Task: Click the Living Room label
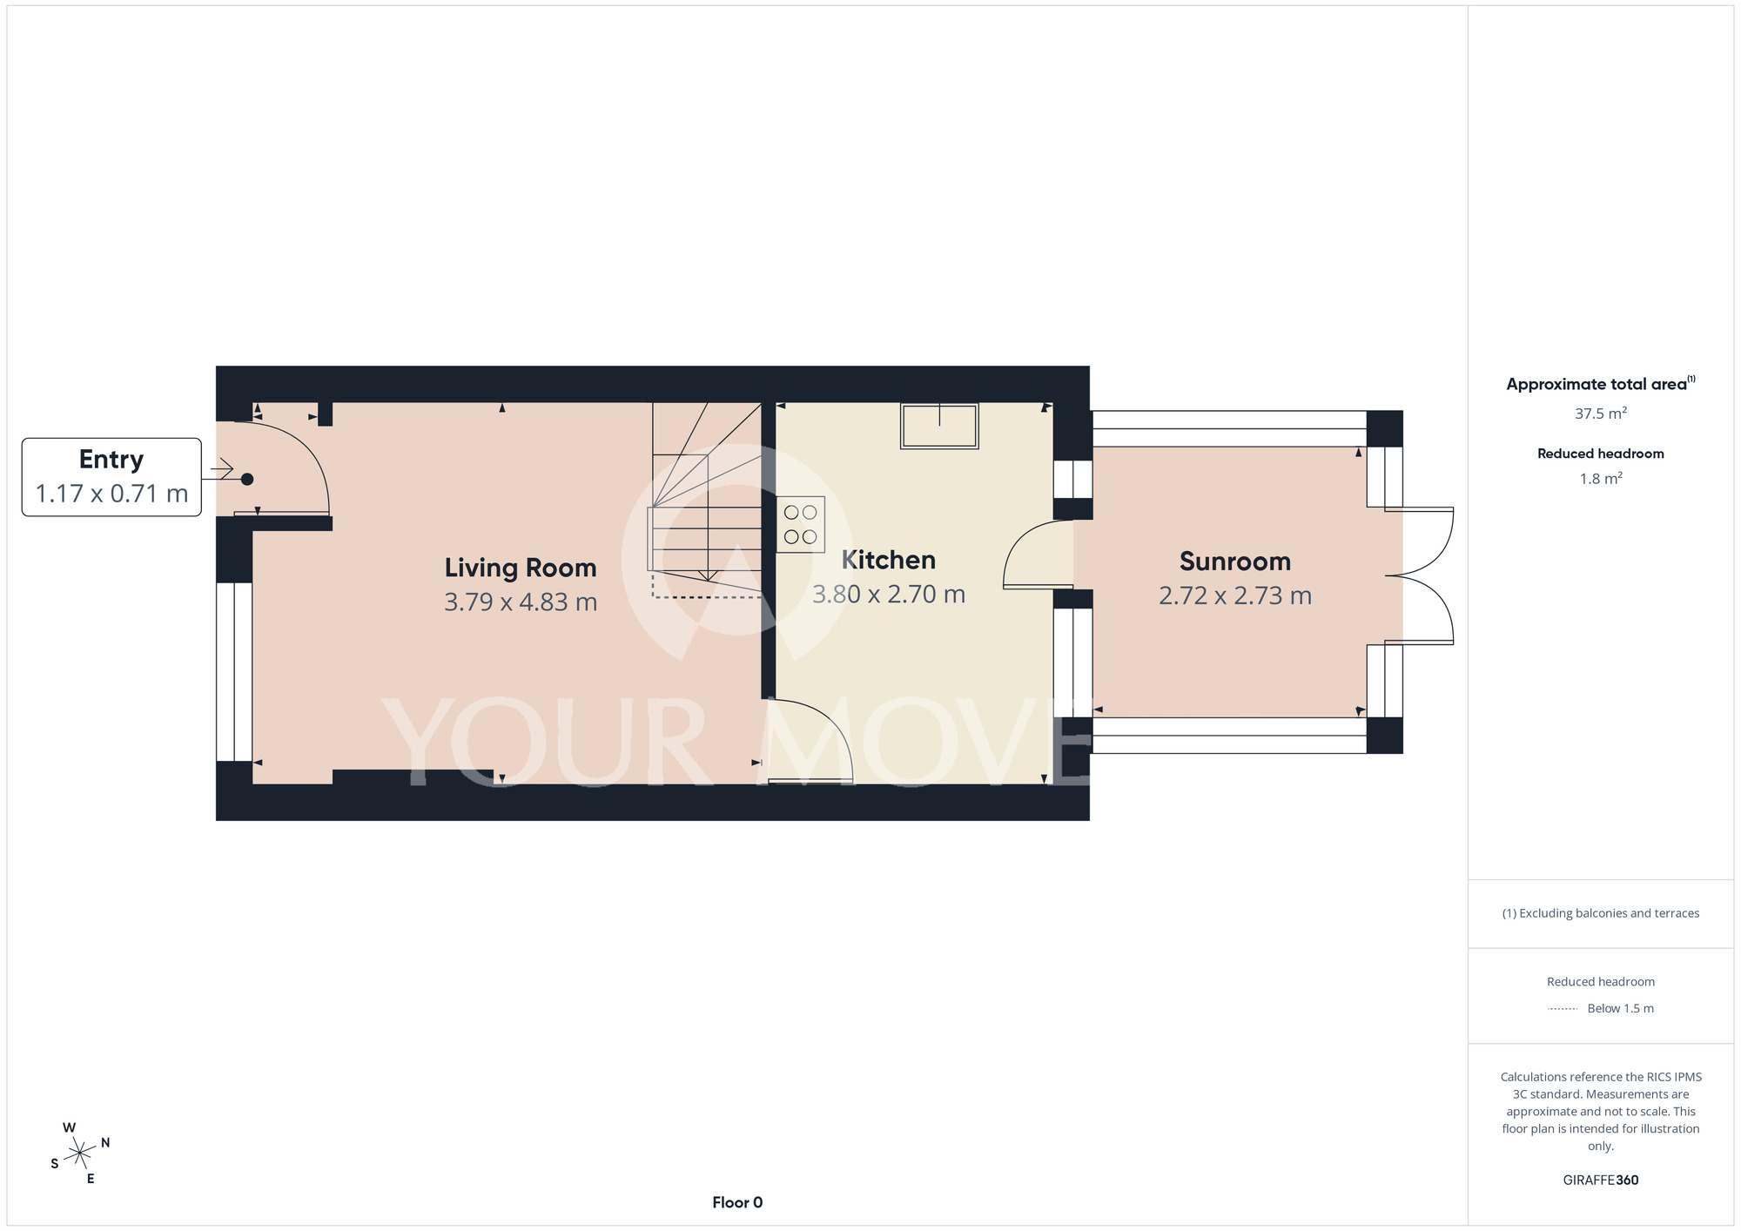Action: (521, 568)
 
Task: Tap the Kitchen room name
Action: (888, 560)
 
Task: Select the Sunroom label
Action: (1234, 562)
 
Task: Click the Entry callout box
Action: (111, 477)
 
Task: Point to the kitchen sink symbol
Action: (939, 426)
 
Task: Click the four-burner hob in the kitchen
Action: (801, 525)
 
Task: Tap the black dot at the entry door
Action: (247, 479)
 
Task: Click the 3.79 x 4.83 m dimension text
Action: (521, 602)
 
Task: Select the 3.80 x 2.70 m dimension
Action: (889, 594)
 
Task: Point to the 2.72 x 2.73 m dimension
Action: (1234, 595)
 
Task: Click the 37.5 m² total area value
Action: (1600, 414)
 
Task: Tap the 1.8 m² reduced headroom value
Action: (1601, 479)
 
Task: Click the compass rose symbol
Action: (80, 1154)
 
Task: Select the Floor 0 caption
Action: (737, 1202)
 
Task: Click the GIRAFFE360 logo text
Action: (1600, 1181)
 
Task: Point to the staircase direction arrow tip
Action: (708, 581)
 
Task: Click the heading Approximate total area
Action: (1600, 384)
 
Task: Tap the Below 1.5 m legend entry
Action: (1620, 1008)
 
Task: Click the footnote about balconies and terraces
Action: (1600, 913)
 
